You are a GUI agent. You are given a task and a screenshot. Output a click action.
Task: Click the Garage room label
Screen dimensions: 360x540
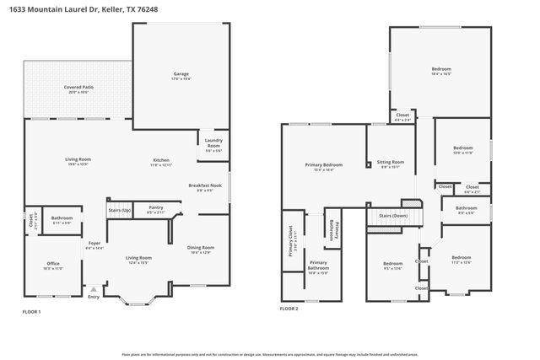[x=181, y=74]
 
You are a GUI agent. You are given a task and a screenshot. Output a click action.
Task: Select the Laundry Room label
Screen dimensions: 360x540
[x=213, y=143]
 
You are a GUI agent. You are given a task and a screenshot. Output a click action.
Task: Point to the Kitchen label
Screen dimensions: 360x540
[x=161, y=160]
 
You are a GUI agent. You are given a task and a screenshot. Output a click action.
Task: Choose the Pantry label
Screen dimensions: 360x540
[x=155, y=208]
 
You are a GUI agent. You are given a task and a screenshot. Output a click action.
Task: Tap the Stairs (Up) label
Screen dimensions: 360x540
[x=120, y=210]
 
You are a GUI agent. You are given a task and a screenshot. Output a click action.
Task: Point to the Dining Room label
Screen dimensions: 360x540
[x=201, y=247]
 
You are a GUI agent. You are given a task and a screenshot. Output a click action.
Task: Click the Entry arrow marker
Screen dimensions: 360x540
[x=94, y=290]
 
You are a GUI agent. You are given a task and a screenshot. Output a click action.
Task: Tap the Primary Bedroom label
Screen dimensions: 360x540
[x=324, y=164]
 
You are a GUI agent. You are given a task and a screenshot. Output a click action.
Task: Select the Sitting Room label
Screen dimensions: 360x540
[x=390, y=162]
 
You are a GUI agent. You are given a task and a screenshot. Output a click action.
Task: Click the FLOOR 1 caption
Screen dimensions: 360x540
[x=31, y=312]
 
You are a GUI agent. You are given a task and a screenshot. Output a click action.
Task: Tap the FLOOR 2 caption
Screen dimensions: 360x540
[x=289, y=309]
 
